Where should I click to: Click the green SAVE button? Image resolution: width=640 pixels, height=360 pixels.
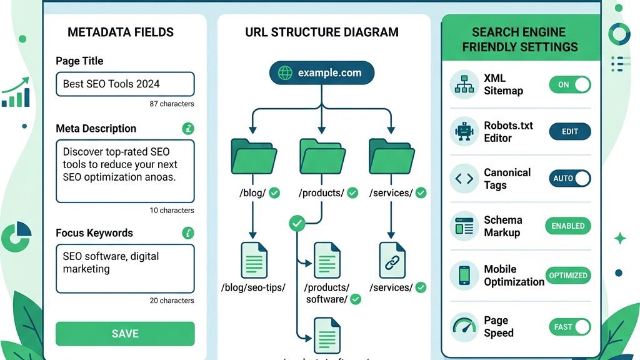125,334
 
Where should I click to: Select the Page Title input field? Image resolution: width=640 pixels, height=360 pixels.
125,84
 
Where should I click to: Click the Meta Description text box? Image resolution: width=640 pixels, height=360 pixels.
125,171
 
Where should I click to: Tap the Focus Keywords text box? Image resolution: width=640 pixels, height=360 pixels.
125,268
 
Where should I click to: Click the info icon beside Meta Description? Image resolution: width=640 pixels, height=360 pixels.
188,129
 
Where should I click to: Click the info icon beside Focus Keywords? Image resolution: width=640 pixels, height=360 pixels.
188,233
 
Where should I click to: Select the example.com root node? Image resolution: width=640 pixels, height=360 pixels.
321,73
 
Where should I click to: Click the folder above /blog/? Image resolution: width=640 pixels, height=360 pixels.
253,156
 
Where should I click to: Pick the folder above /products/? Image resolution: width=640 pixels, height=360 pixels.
322,156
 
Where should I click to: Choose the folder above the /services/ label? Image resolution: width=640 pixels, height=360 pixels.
391,156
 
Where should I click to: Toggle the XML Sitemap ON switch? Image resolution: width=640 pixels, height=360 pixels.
569,84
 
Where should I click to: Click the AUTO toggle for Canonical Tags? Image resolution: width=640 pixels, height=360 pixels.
569,178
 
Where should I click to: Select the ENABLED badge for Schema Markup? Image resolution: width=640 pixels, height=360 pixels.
567,226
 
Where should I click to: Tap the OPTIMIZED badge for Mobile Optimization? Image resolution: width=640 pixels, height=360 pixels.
567,275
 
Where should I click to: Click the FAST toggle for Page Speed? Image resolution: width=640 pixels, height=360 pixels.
569,326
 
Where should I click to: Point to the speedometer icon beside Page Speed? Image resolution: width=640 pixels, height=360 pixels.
464,327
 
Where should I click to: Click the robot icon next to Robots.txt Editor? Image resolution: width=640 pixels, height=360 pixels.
464,131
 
